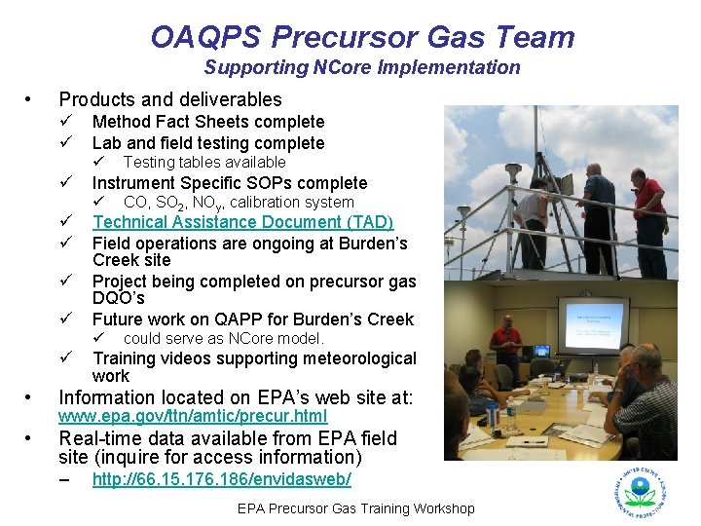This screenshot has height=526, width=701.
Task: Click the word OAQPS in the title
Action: point(206,37)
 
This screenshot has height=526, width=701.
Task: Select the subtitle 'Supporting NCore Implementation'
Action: point(362,67)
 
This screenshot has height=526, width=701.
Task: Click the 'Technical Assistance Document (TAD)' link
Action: point(242,222)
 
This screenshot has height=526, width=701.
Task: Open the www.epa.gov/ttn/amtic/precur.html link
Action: point(193,416)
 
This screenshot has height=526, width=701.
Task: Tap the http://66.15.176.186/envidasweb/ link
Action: point(221,480)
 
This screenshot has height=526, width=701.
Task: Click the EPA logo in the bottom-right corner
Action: point(640,491)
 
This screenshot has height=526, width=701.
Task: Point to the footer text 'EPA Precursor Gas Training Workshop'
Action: point(356,508)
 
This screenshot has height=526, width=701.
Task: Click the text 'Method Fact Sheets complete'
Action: point(207,122)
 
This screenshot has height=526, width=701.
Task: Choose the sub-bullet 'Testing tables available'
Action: point(204,162)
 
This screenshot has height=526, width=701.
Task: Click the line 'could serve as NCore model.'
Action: point(223,338)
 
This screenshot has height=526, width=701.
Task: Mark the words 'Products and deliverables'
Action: point(170,99)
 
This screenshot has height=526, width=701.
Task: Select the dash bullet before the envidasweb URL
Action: point(64,480)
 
